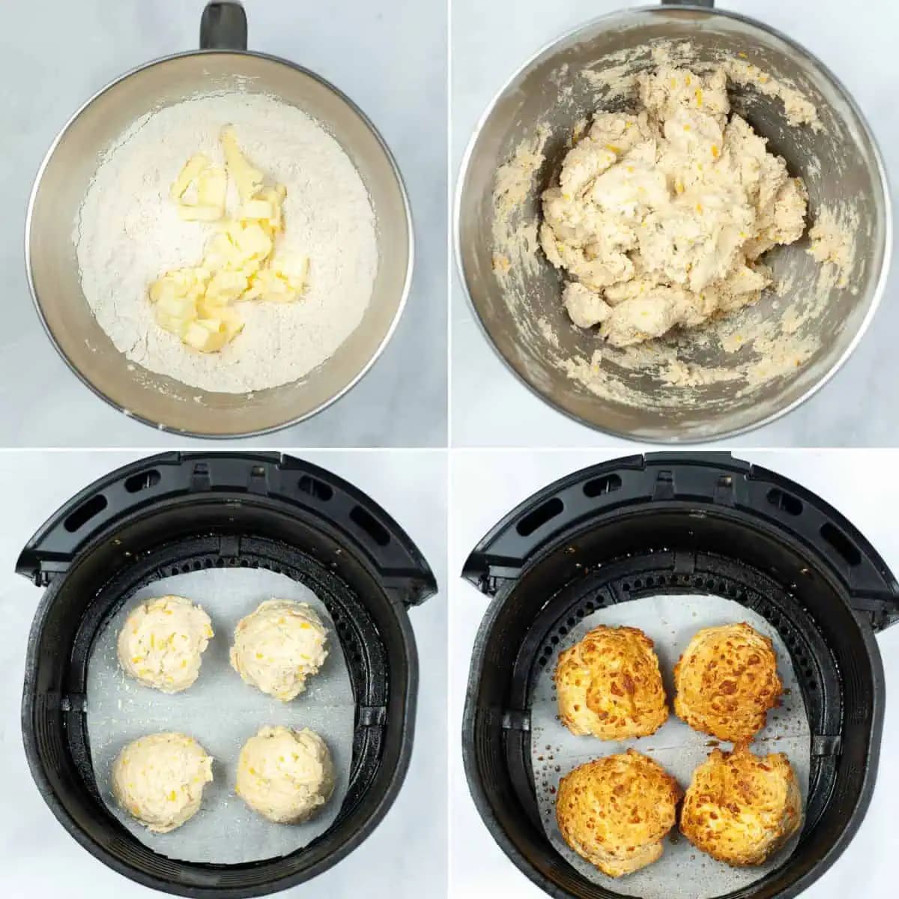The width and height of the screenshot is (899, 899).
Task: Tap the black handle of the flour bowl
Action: pyautogui.click(x=223, y=26)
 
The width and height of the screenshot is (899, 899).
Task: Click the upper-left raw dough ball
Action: pyautogui.click(x=166, y=643)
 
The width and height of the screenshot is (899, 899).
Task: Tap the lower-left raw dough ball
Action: pyautogui.click(x=162, y=781)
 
